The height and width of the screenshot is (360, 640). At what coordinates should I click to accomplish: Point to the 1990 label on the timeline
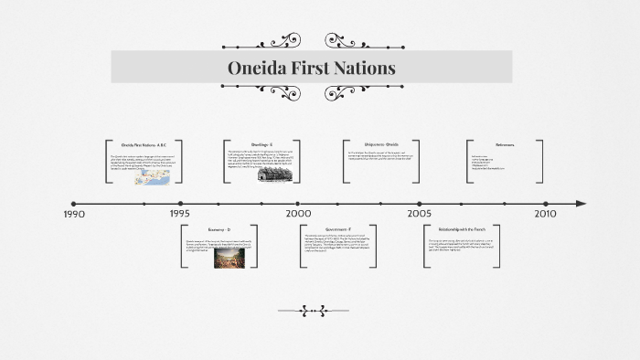pyautogui.click(x=74, y=214)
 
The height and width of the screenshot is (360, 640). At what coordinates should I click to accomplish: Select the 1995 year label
pyautogui.click(x=179, y=214)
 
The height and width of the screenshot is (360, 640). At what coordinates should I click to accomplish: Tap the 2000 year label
pyautogui.click(x=298, y=214)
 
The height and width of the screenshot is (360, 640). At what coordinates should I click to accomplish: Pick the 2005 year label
pyautogui.click(x=420, y=214)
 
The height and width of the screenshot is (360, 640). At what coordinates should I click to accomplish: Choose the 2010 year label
pyautogui.click(x=545, y=214)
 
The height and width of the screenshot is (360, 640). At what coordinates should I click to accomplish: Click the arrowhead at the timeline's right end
pyautogui.click(x=581, y=203)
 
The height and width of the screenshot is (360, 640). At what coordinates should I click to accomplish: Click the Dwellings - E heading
pyautogui.click(x=262, y=144)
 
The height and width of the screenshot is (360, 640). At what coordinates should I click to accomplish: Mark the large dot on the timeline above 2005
pyautogui.click(x=420, y=203)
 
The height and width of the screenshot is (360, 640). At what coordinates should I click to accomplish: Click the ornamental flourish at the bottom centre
pyautogui.click(x=325, y=311)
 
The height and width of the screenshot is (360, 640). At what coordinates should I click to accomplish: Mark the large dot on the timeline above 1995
pyautogui.click(x=180, y=203)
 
